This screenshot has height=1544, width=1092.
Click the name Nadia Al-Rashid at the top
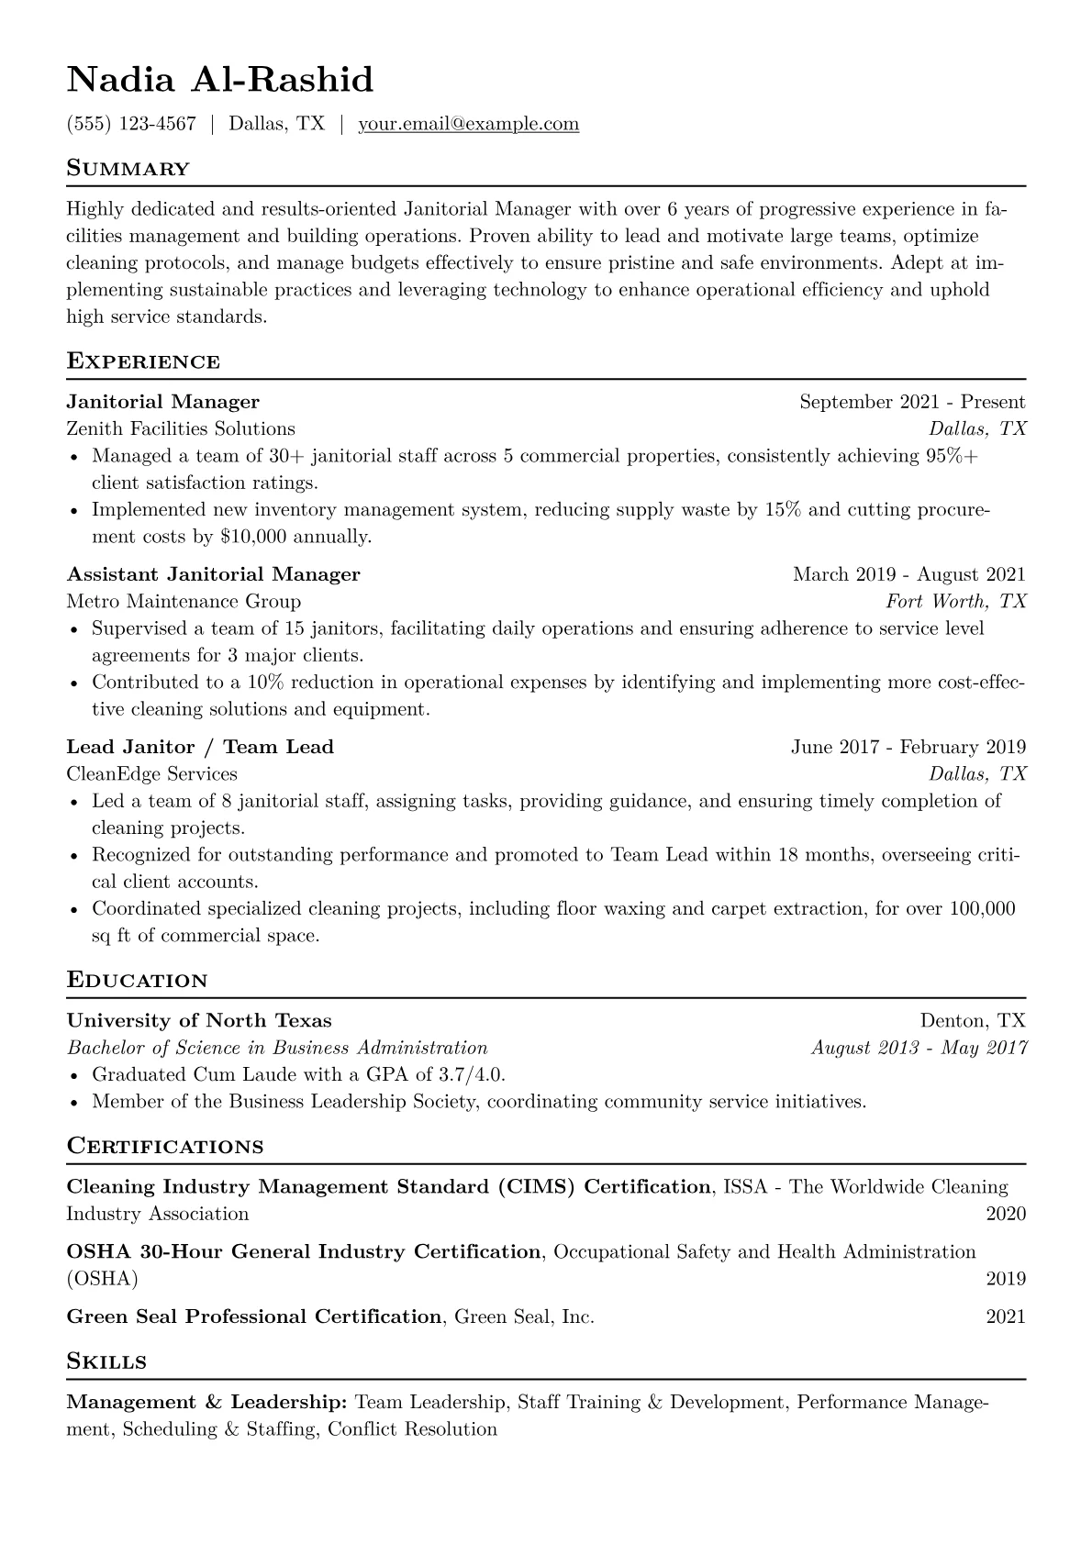(220, 81)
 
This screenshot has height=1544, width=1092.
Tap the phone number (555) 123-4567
(131, 124)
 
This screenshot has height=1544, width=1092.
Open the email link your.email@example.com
(468, 124)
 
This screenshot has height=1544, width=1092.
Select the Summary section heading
(128, 169)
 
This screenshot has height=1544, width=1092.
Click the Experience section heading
(143, 361)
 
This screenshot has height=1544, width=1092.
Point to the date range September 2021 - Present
(912, 402)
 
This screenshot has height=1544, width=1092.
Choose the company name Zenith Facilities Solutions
(181, 428)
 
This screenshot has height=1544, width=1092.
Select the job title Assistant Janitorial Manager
(213, 574)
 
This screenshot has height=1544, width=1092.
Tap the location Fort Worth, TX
(955, 602)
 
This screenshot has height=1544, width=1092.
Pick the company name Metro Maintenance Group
(184, 602)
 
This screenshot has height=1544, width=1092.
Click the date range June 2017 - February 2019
(908, 747)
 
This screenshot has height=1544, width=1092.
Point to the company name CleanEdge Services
(151, 774)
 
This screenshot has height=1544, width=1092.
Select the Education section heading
(137, 981)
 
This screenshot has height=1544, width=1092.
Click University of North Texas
(199, 1020)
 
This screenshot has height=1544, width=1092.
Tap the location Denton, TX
(973, 1020)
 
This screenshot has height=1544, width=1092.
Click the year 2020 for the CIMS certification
(1006, 1214)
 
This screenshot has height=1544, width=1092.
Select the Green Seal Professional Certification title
(254, 1316)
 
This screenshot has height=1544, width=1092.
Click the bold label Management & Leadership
(206, 1402)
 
